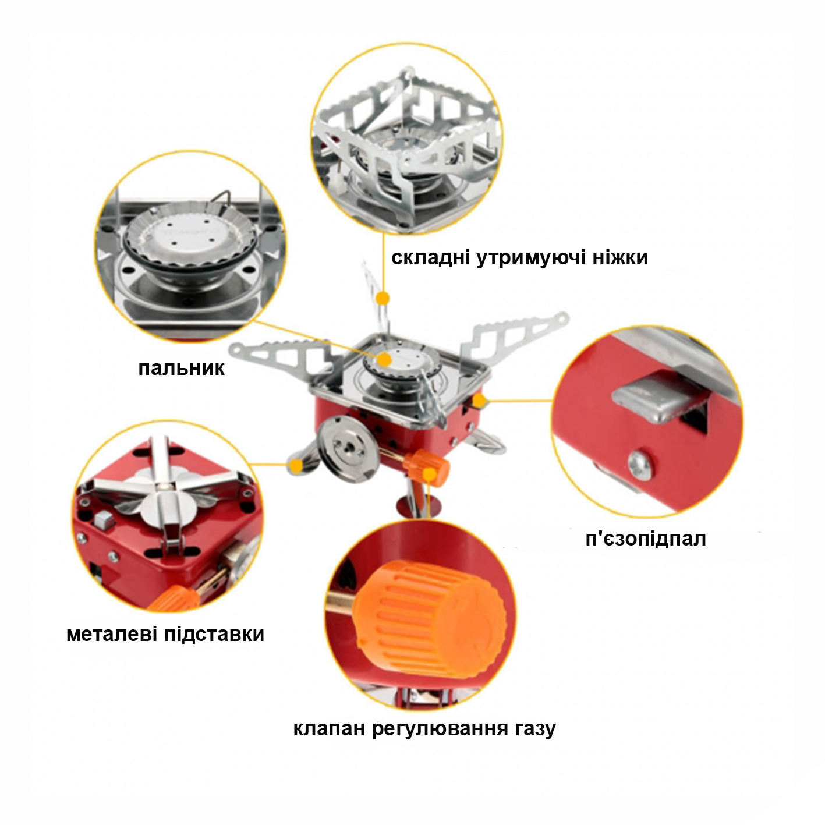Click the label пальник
click(181, 368)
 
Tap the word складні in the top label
click(430, 258)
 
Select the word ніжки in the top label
click(620, 257)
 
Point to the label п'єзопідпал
click(646, 539)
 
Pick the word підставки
click(214, 635)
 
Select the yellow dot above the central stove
click(384, 298)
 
